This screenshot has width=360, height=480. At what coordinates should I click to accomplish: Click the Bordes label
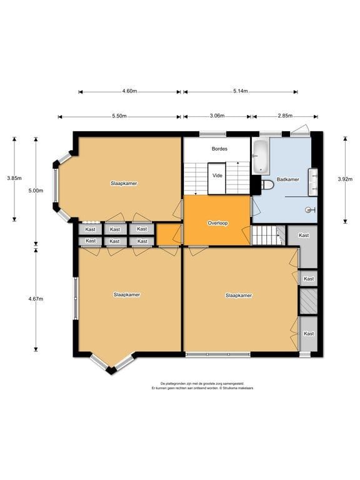[219, 149]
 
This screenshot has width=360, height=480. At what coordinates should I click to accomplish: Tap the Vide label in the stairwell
[217, 176]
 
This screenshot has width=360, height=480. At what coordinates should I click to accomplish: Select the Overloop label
[217, 223]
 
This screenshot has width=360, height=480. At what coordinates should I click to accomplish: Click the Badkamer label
[287, 179]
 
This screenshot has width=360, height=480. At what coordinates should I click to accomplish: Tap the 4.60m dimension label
[129, 91]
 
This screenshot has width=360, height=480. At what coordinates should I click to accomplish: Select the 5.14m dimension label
[240, 91]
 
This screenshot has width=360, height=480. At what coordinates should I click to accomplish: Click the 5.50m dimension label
[119, 116]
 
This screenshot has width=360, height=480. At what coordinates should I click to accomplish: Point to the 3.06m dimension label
[217, 116]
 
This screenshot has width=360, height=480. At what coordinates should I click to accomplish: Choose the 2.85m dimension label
[285, 116]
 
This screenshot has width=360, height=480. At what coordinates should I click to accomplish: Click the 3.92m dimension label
[345, 179]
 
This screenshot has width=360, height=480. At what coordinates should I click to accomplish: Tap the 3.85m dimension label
[14, 178]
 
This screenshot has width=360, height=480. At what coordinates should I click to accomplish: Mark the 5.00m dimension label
[36, 191]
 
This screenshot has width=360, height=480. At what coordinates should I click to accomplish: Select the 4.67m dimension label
[36, 299]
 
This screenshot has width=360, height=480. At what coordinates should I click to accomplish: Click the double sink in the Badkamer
[313, 182]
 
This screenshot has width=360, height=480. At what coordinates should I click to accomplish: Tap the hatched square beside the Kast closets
[308, 301]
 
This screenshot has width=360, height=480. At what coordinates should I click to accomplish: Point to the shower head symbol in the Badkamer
[310, 210]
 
